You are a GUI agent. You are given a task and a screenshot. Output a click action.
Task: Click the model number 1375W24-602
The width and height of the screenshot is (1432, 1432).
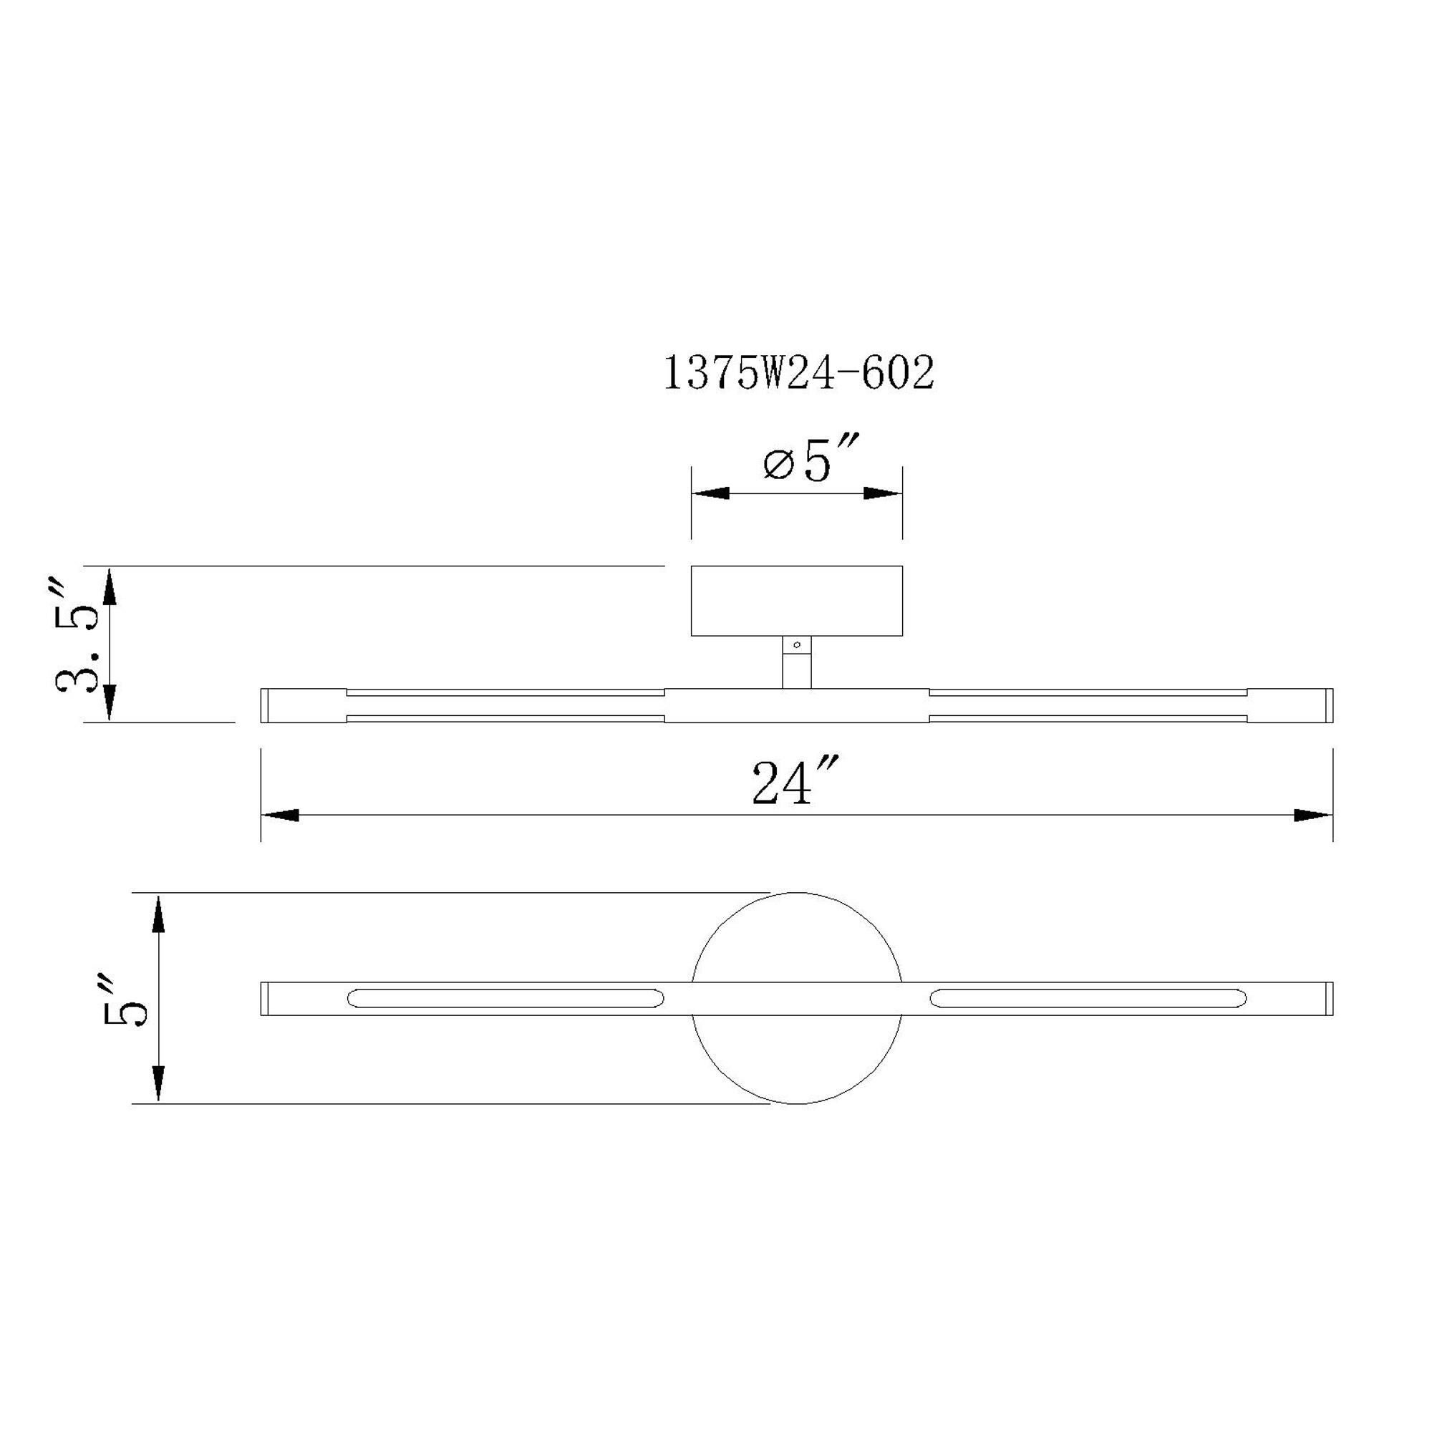pyautogui.click(x=798, y=374)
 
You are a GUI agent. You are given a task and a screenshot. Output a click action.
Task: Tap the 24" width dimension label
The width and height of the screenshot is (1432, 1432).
pyautogui.click(x=796, y=781)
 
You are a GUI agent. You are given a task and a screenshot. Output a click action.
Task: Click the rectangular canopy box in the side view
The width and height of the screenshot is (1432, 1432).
pyautogui.click(x=796, y=601)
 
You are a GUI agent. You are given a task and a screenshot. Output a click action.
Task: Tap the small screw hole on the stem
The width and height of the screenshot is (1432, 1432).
pyautogui.click(x=797, y=646)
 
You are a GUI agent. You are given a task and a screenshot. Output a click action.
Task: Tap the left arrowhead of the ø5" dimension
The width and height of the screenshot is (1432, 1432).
pyautogui.click(x=710, y=493)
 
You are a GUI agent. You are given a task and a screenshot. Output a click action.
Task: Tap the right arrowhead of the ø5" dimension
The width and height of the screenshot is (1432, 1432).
pyautogui.click(x=883, y=493)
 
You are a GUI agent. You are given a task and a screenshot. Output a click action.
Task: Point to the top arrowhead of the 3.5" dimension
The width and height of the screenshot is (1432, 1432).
pyautogui.click(x=109, y=586)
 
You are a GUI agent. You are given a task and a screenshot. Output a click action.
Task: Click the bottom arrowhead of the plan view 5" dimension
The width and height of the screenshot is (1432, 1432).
pyautogui.click(x=158, y=1085)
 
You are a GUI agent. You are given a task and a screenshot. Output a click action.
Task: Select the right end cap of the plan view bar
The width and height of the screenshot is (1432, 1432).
pyautogui.click(x=1330, y=998)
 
